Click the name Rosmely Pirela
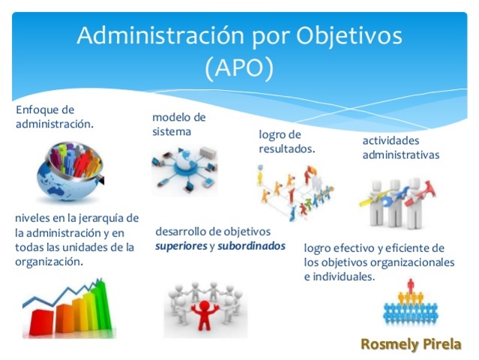[x=411, y=344]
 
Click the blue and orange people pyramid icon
[x=409, y=304]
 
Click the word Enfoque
[x=35, y=110]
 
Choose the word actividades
[x=391, y=140]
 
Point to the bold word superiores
[x=181, y=245]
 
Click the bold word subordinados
[x=252, y=245]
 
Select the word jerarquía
[x=95, y=218]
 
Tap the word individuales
[x=342, y=276]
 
